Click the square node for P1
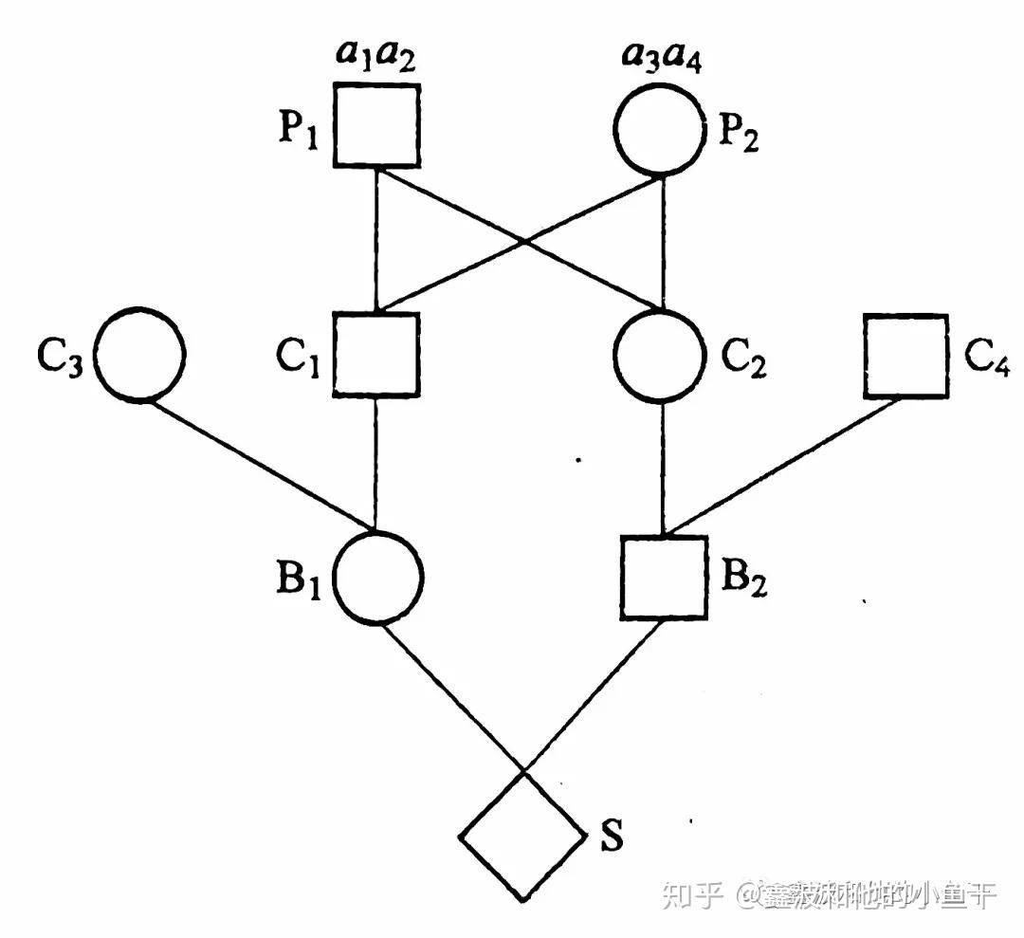pyautogui.click(x=377, y=125)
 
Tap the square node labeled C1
pyautogui.click(x=376, y=353)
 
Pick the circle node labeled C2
pyautogui.click(x=662, y=354)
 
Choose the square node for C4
pyautogui.click(x=905, y=356)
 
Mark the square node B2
pyautogui.click(x=663, y=578)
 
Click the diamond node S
pyautogui.click(x=522, y=836)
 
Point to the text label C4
pyautogui.click(x=986, y=361)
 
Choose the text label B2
pyautogui.click(x=743, y=580)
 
